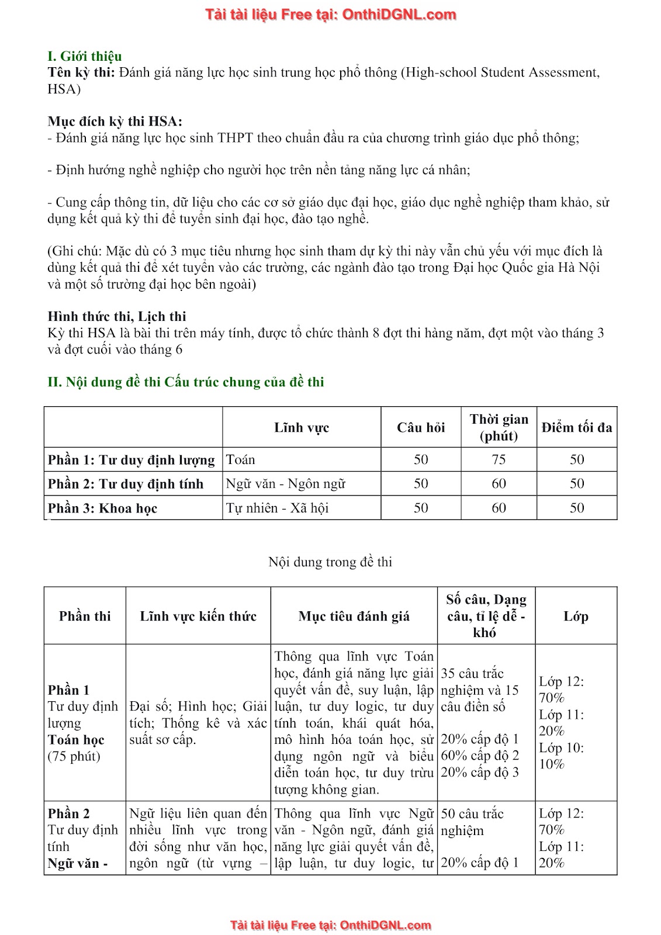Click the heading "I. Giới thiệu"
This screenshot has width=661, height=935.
pos(85,56)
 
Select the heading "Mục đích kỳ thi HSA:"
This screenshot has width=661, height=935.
pos(115,122)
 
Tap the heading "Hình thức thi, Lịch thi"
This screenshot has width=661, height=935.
pos(117,317)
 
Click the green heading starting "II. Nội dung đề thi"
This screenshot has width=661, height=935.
pos(186,382)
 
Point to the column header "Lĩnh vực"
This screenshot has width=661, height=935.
pos(302,428)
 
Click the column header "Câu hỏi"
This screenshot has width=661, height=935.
pos(421,428)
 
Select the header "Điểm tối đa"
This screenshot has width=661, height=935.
pos(577,428)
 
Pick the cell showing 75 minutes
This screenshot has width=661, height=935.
pos(499,460)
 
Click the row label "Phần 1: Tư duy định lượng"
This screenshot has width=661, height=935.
pos(131,460)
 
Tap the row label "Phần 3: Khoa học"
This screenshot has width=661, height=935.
pos(103,508)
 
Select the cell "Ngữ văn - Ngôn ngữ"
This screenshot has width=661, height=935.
pos(286,484)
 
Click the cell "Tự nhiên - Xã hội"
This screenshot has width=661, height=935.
pos(278,508)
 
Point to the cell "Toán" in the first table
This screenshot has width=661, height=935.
pos(241,460)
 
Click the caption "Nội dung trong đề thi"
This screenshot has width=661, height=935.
pos(330,562)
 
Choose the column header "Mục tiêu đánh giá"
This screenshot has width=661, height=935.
pos(354,616)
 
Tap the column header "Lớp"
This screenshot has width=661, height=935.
pos(576,616)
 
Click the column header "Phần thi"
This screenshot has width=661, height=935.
pos(85,616)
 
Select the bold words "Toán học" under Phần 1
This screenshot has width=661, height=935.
pos(76,740)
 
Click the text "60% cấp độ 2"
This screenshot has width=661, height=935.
pos(480,756)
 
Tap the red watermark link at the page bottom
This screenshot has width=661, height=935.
pos(331,925)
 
